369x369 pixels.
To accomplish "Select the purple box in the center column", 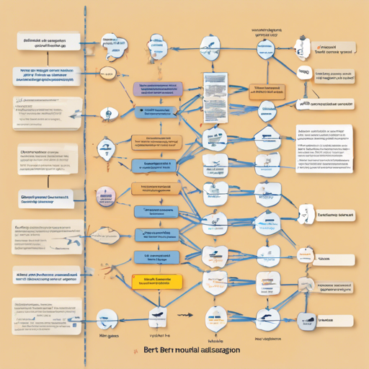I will [x=157, y=88].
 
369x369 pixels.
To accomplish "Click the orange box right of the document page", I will [x=267, y=90].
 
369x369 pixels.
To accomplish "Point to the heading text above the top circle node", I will [x=265, y=32].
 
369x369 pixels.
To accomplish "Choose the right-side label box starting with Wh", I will [x=325, y=104].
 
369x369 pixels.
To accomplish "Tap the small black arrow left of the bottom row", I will [x=185, y=315].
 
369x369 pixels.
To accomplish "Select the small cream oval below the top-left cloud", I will [x=107, y=72].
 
